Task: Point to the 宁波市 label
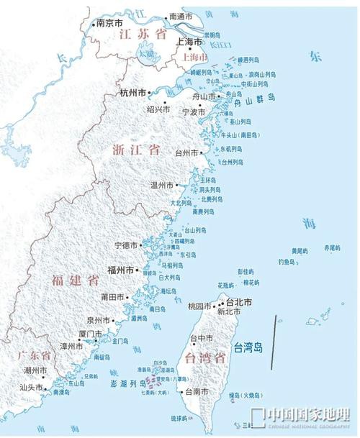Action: point(193,112)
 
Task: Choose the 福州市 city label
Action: point(120,270)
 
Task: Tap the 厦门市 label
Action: point(91,334)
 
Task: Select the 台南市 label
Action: point(197,392)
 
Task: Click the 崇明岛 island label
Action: point(212,35)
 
